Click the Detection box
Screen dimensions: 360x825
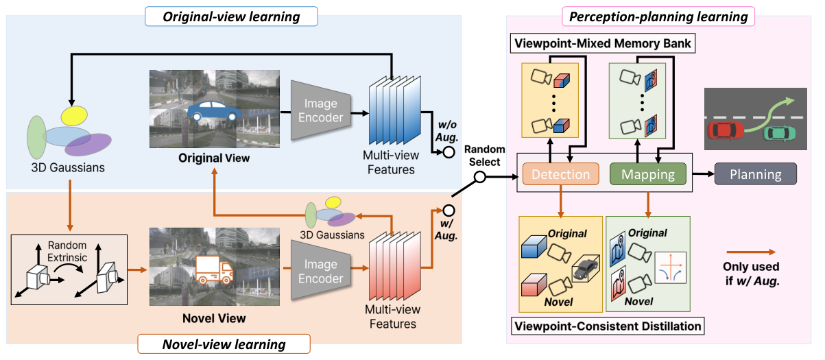coord(561,174)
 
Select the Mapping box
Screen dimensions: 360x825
coord(647,174)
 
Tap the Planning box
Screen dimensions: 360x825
coord(755,174)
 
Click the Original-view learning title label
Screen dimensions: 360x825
coord(231,16)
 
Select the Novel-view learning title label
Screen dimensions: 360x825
coord(224,343)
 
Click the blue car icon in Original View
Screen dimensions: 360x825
coord(214,110)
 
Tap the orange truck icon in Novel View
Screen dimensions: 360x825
coord(213,269)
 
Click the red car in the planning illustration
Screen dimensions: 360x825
coord(726,130)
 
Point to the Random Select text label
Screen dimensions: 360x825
coord(485,155)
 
